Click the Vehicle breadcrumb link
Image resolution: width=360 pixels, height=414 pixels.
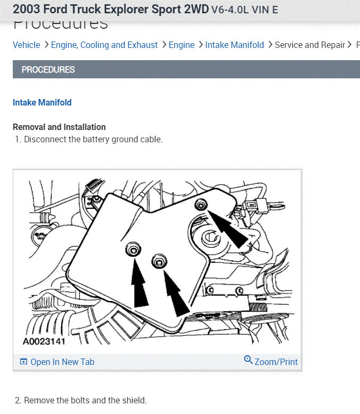[x=26, y=45]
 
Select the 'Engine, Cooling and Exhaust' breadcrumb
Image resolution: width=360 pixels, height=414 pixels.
[x=104, y=45]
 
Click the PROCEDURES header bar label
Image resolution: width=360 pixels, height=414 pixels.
[x=48, y=70]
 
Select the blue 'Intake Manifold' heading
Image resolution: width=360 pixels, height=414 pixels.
[x=42, y=103]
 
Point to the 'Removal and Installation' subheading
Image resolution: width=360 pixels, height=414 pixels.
[x=59, y=127]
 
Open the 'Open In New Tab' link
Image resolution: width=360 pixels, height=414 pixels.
[x=62, y=362]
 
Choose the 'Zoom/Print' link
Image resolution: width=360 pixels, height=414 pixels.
[x=276, y=362]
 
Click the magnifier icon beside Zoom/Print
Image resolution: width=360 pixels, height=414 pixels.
[x=248, y=360]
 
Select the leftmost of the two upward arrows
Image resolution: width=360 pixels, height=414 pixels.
[x=140, y=285]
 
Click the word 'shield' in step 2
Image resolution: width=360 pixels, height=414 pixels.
[x=133, y=401]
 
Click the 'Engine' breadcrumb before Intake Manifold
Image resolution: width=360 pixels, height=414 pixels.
[x=182, y=45]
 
